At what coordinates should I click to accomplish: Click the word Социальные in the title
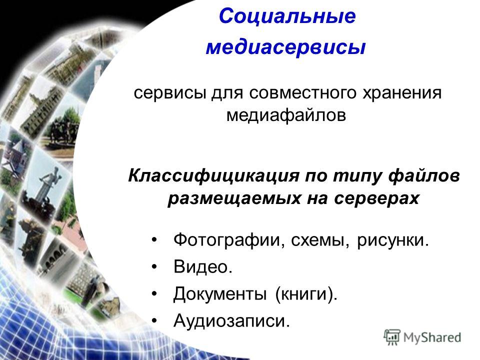coord(287,16)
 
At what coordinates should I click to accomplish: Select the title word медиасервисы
coord(285,47)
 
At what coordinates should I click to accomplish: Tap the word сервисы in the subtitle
coord(169,93)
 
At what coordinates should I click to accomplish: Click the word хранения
coord(402,93)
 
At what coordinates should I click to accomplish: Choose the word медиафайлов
coord(286,115)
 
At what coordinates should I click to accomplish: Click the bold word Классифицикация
coord(213,176)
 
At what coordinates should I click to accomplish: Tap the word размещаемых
coord(234,198)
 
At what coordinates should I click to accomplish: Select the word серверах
coord(376,198)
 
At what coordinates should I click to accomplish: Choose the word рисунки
coord(393,240)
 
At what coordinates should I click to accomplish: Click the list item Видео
coord(203,266)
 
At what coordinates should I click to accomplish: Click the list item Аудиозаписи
coord(231,321)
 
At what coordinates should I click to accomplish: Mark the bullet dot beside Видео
coord(154,267)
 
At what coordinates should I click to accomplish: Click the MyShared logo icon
coord(392,337)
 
